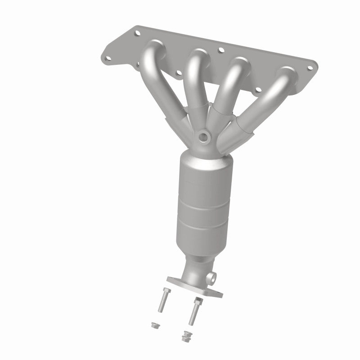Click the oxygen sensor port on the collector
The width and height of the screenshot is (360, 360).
click(205, 136)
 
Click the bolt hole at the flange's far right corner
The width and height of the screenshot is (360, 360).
click(310, 68)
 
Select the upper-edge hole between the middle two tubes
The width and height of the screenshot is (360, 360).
click(220, 51)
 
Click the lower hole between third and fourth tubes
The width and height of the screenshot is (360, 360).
click(257, 90)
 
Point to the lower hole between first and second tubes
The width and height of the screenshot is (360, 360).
click(179, 72)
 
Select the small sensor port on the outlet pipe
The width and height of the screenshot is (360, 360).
click(212, 275)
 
